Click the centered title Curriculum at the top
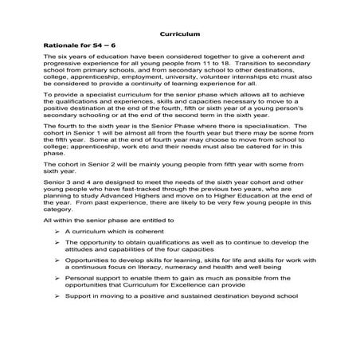(x=179, y=34)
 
